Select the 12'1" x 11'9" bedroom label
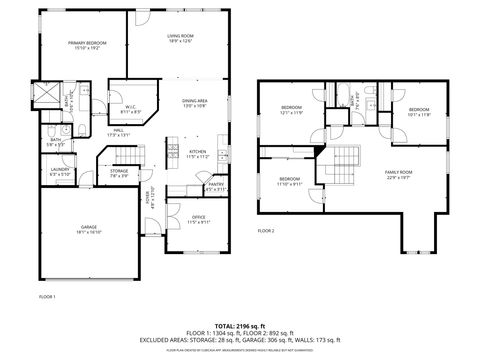(x=291, y=109)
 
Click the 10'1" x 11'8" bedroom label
(x=418, y=112)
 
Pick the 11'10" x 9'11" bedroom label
(x=289, y=182)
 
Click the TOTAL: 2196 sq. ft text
(x=239, y=326)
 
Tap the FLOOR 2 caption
(x=266, y=231)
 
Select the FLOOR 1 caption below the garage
(x=47, y=297)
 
